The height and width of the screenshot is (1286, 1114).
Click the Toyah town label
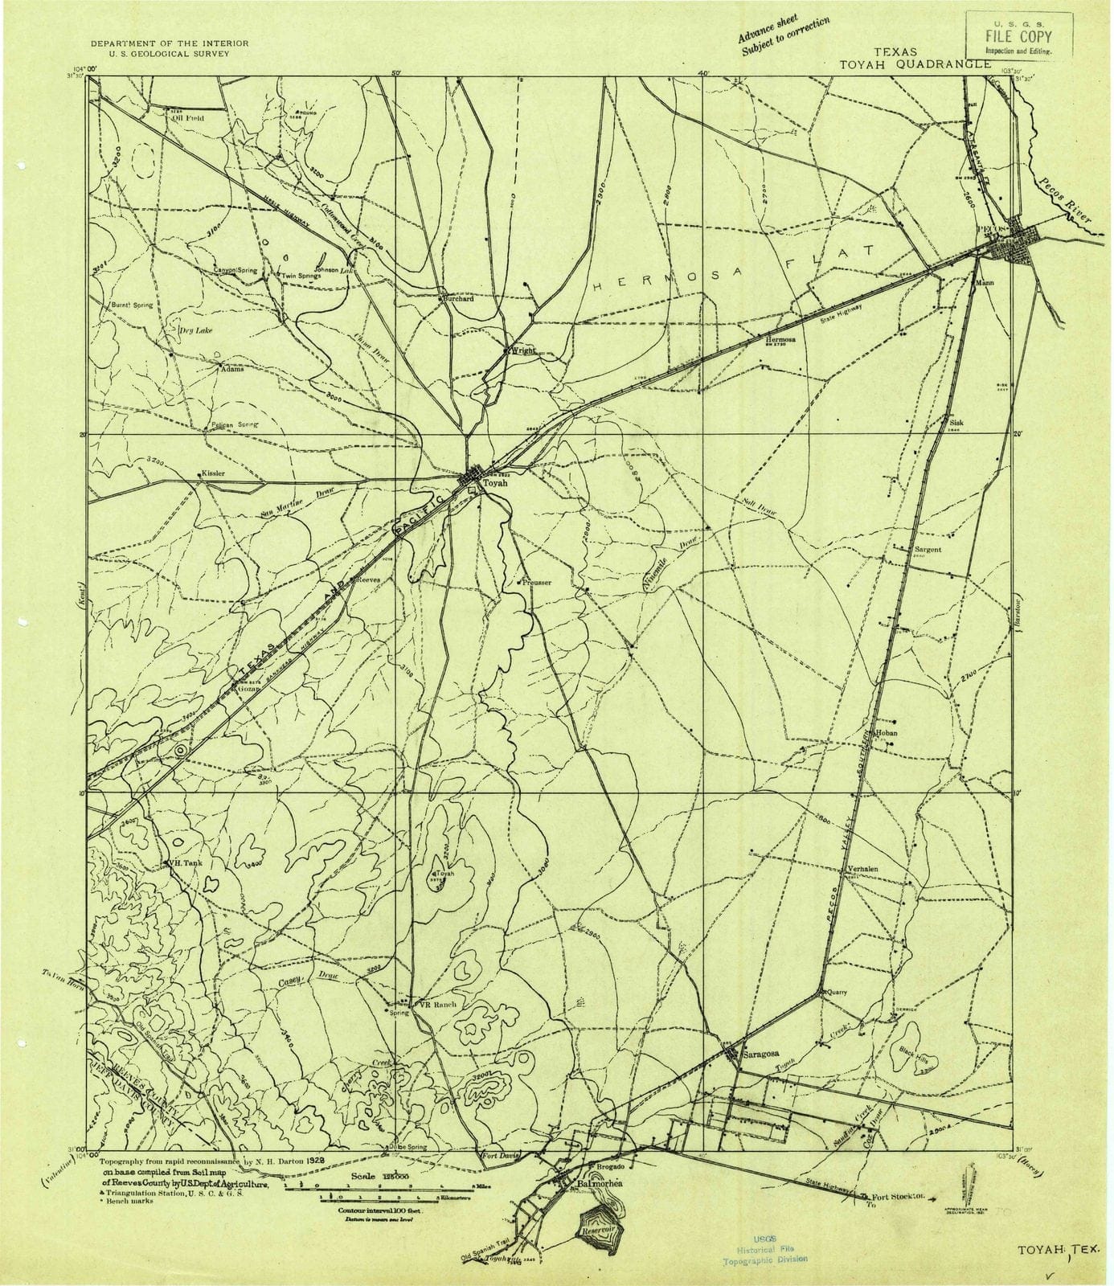495,485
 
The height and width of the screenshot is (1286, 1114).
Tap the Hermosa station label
780,339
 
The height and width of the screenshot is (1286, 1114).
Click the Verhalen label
863,870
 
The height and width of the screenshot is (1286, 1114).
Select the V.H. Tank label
183,862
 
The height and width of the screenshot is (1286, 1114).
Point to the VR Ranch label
438,1005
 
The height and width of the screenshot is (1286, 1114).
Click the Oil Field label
187,117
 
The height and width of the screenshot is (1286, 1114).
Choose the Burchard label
459,298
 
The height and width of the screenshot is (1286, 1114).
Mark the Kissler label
214,473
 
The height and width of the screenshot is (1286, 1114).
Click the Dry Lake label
195,330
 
